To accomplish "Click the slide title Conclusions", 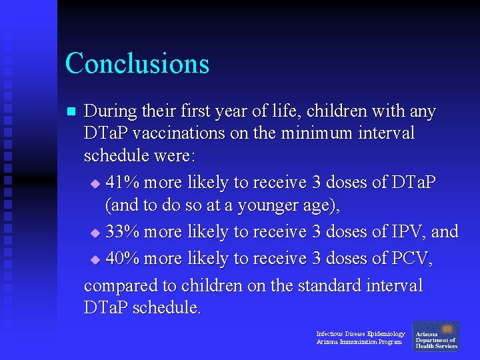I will [137, 63].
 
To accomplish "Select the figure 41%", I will [123, 182].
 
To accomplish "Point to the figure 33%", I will [123, 231].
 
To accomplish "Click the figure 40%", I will [123, 258].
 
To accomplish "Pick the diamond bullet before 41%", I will [95, 183].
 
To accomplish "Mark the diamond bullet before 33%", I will [95, 233].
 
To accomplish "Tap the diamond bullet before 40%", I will [95, 259].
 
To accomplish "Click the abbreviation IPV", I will [407, 231].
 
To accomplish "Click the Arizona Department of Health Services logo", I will [436, 336].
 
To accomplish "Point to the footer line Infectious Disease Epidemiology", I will [360, 333].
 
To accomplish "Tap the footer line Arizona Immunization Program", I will [359, 342].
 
